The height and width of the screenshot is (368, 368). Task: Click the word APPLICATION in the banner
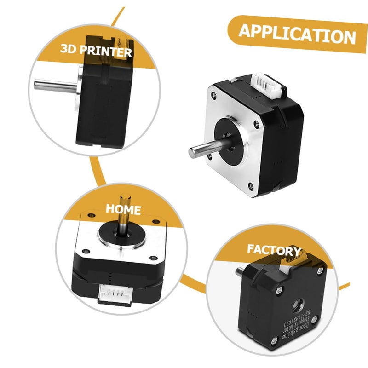pyautogui.click(x=297, y=34)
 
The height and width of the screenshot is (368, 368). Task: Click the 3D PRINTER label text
pyautogui.click(x=96, y=50)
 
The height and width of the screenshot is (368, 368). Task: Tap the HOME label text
pyautogui.click(x=123, y=210)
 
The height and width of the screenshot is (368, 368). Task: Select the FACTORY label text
pyautogui.click(x=273, y=250)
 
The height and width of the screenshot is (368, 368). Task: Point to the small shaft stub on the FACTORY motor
pyautogui.click(x=240, y=271)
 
